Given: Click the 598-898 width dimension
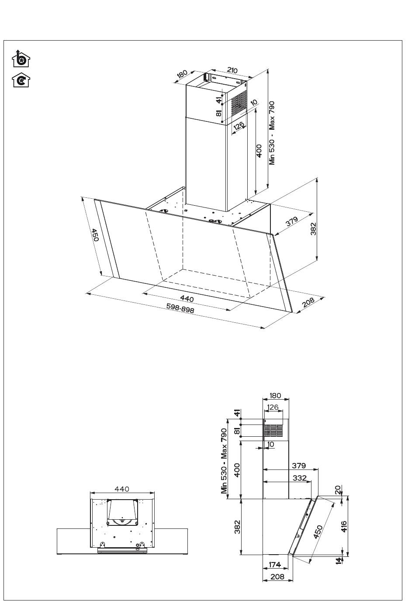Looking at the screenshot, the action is pos(180,308).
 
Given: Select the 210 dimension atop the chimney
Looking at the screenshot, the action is pos(232,70).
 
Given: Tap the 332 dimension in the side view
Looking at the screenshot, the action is pos(300,478).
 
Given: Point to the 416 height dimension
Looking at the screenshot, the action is pos(344,526).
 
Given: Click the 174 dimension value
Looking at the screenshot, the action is pos(275,564).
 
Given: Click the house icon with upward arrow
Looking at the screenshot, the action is pos(21,59).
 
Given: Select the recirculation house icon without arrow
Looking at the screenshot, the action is pos(21,80).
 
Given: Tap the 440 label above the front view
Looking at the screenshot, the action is pos(122,489).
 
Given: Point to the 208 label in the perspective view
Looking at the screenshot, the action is pos(308,302).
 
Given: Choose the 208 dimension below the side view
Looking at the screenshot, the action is pos(277,577).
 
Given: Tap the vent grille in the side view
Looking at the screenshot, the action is pos(273,430).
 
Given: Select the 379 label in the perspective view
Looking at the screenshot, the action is pos(292,221).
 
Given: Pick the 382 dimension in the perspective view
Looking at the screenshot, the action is pos(313,229).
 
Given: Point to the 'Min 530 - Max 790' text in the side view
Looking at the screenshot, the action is pos(224,461).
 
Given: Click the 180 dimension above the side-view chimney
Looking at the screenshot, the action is pos(275,396).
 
